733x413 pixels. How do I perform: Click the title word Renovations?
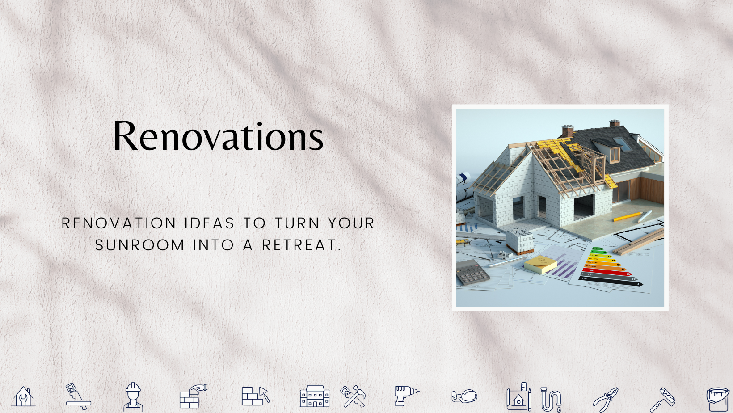pos(218,136)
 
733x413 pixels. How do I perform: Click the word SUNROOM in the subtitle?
pos(140,245)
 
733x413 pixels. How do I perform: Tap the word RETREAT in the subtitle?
pos(302,245)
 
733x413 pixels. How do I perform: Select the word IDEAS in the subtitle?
pos(210,223)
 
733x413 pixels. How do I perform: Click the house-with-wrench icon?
pos(23,396)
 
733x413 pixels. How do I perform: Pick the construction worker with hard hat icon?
pos(133,396)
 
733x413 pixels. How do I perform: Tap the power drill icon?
pos(406,395)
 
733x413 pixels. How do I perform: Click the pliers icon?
pos(606,399)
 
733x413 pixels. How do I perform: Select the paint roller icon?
pos(662,399)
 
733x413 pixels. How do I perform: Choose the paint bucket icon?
pos(718,399)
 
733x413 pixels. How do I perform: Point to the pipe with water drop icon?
pos(551,399)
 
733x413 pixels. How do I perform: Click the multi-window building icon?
pos(315,396)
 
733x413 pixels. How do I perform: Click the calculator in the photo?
pos(472,272)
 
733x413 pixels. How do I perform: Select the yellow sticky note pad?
pos(541,265)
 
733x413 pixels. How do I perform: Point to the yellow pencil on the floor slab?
pos(628,217)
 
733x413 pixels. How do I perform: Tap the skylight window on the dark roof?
pos(622,144)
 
